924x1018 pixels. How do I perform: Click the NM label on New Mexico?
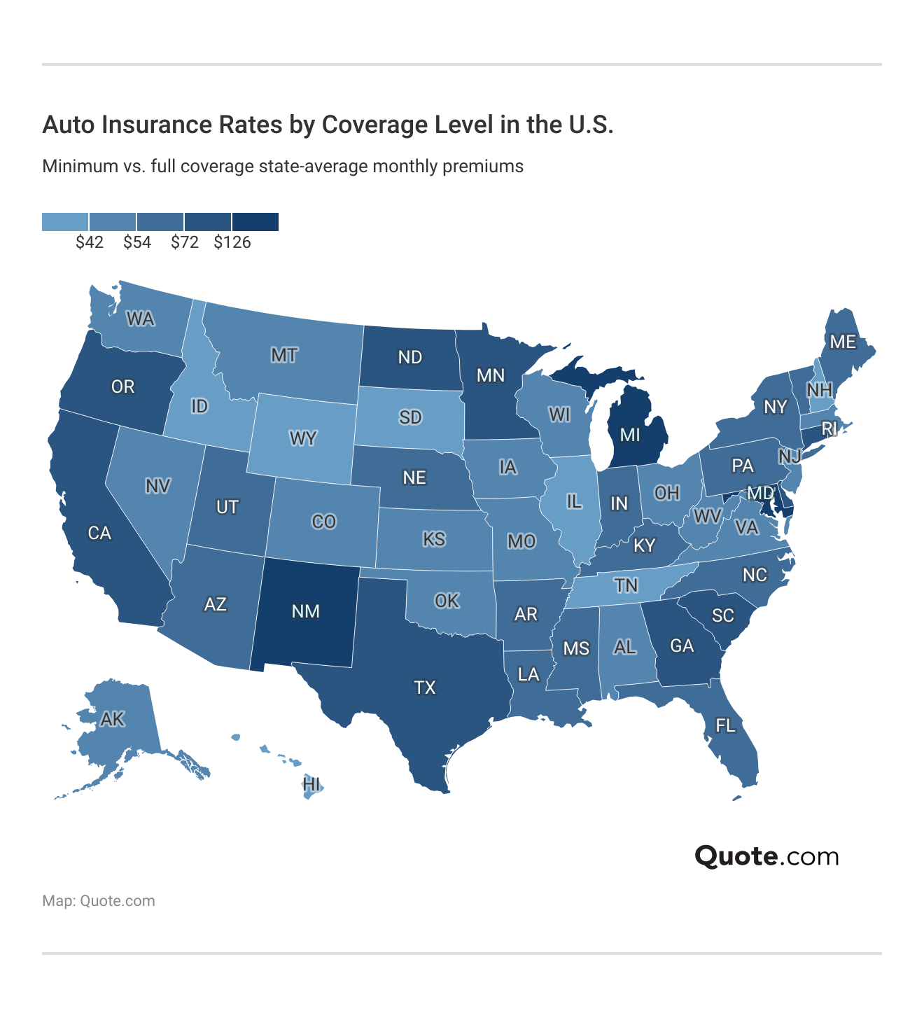click(305, 611)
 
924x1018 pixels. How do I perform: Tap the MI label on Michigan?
click(630, 435)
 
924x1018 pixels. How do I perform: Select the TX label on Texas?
click(425, 688)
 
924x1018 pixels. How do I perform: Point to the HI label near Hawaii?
click(311, 784)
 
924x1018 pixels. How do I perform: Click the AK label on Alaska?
click(113, 719)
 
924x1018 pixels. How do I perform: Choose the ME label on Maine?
click(843, 342)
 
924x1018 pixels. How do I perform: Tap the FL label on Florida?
click(726, 725)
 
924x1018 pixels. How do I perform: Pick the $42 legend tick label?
click(90, 243)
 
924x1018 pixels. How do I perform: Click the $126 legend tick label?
click(232, 243)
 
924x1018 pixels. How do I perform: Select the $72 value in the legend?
click(185, 243)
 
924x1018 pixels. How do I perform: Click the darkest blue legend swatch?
click(255, 222)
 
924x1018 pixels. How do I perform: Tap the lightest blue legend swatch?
click(65, 222)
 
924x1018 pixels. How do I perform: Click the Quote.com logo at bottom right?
click(766, 856)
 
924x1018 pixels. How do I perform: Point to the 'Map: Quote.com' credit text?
click(99, 901)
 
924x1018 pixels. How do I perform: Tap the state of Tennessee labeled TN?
click(626, 585)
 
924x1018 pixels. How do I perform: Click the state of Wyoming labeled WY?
click(303, 439)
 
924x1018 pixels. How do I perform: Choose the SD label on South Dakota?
click(410, 418)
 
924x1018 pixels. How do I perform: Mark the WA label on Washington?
click(140, 319)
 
